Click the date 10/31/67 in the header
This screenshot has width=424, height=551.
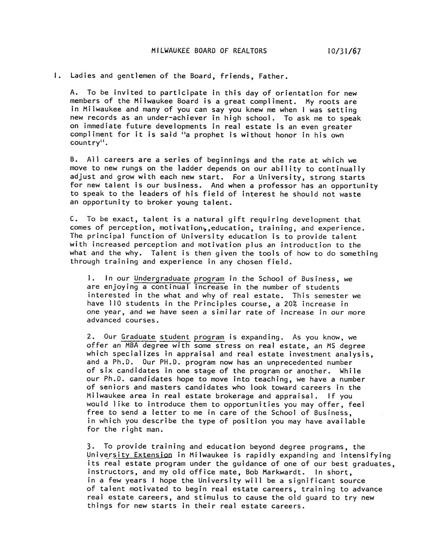pyautogui.click(x=344, y=51)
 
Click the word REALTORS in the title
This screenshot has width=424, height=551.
pyautogui.click(x=250, y=51)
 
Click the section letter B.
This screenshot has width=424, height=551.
pyautogui.click(x=72, y=161)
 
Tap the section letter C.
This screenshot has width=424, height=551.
pyautogui.click(x=72, y=219)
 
